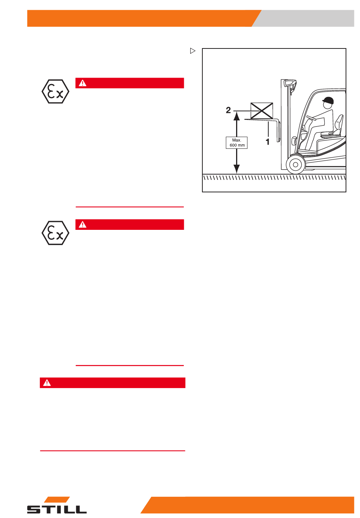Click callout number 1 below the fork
[x=268, y=142]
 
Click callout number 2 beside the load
[x=228, y=110]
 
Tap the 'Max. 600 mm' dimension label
[x=236, y=143]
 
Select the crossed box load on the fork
[x=261, y=111]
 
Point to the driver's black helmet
[x=328, y=101]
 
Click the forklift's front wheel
[x=296, y=165]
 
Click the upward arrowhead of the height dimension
[x=236, y=115]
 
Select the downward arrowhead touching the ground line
[x=236, y=169]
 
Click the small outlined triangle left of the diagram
[x=193, y=51]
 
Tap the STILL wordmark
[x=57, y=510]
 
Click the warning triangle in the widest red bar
[x=47, y=383]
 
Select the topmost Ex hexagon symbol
[x=56, y=91]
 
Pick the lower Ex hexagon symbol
[x=56, y=233]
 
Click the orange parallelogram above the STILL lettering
[x=57, y=499]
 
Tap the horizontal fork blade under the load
[x=261, y=119]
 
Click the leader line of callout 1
[x=268, y=129]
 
